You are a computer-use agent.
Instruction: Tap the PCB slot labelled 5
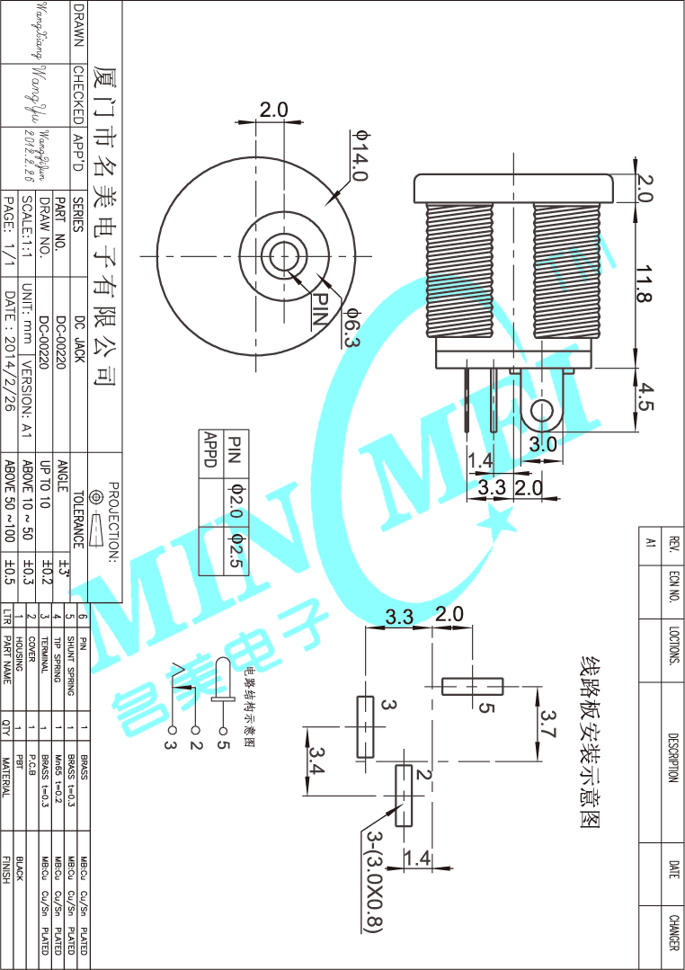[x=473, y=687]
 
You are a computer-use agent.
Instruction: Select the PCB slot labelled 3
[x=365, y=726]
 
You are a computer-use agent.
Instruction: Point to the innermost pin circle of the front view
[x=283, y=255]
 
